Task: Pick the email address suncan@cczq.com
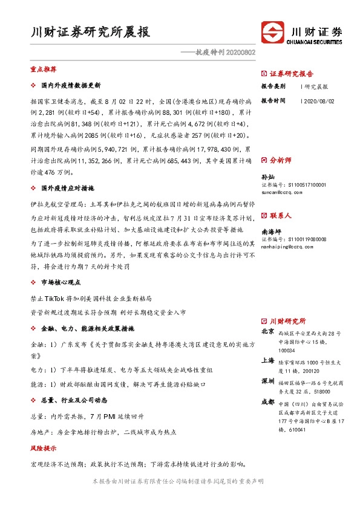pyautogui.click(x=280, y=190)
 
